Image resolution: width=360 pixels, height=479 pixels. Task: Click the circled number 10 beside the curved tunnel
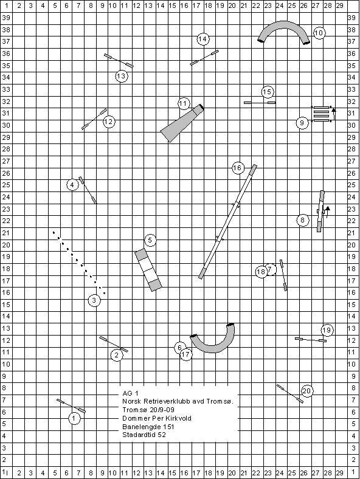[319, 33]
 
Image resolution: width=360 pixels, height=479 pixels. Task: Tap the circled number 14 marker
[202, 39]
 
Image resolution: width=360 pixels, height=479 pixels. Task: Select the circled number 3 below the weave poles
[94, 300]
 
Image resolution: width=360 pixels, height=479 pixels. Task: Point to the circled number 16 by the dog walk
[237, 168]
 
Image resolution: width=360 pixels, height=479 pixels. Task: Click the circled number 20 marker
[307, 391]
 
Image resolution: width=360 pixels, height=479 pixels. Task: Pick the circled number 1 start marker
[74, 418]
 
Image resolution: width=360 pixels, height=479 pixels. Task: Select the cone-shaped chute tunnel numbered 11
[182, 123]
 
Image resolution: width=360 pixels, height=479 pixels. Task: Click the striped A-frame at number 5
[148, 270]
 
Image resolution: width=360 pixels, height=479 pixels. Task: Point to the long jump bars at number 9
[322, 114]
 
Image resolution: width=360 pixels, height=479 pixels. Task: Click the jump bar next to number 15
[260, 103]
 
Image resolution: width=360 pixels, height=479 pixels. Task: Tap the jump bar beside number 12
[94, 119]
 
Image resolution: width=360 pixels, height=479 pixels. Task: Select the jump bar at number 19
[311, 339]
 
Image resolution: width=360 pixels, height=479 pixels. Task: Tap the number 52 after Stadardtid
[162, 435]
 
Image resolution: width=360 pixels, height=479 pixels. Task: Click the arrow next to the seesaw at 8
[327, 212]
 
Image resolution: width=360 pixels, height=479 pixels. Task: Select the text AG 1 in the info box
[130, 393]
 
